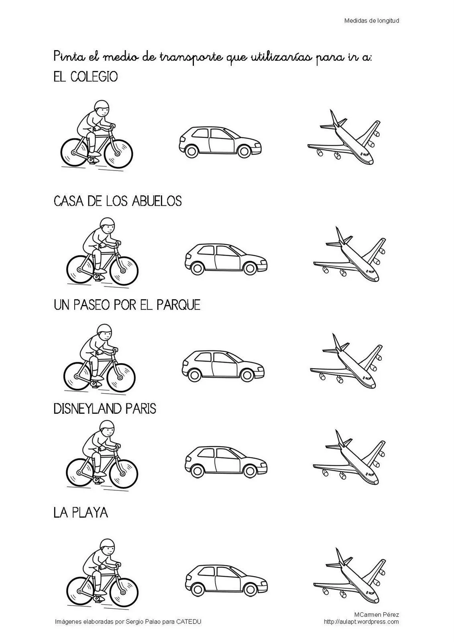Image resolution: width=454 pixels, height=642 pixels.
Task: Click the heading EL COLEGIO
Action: pos(86,77)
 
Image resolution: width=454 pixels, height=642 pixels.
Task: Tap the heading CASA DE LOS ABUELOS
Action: pos(118,201)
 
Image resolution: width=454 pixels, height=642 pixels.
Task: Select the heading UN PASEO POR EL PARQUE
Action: pos(127,305)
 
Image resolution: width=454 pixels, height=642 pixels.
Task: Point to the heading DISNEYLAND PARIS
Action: pos(105,408)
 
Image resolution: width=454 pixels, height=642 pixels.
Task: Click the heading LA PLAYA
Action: pos(81,512)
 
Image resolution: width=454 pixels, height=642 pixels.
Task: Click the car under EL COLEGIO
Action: pos(220,142)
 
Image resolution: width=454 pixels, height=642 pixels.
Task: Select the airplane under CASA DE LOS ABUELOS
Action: pos(349,254)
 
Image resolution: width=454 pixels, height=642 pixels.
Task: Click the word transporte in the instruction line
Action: pos(191,58)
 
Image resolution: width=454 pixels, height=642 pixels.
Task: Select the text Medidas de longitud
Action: pos(371,20)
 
